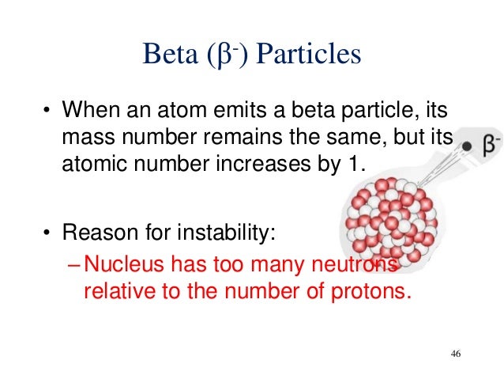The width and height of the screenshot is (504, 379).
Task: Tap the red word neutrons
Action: pyautogui.click(x=358, y=265)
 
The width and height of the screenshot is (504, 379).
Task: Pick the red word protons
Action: pyautogui.click(x=375, y=292)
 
